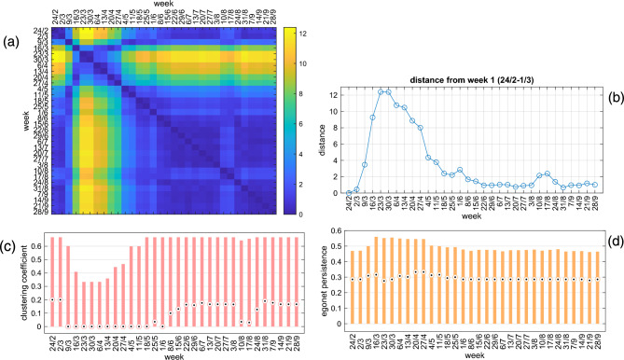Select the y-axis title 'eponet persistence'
click(325, 281)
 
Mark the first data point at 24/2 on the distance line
click(348, 193)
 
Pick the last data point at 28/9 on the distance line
click(598, 185)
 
